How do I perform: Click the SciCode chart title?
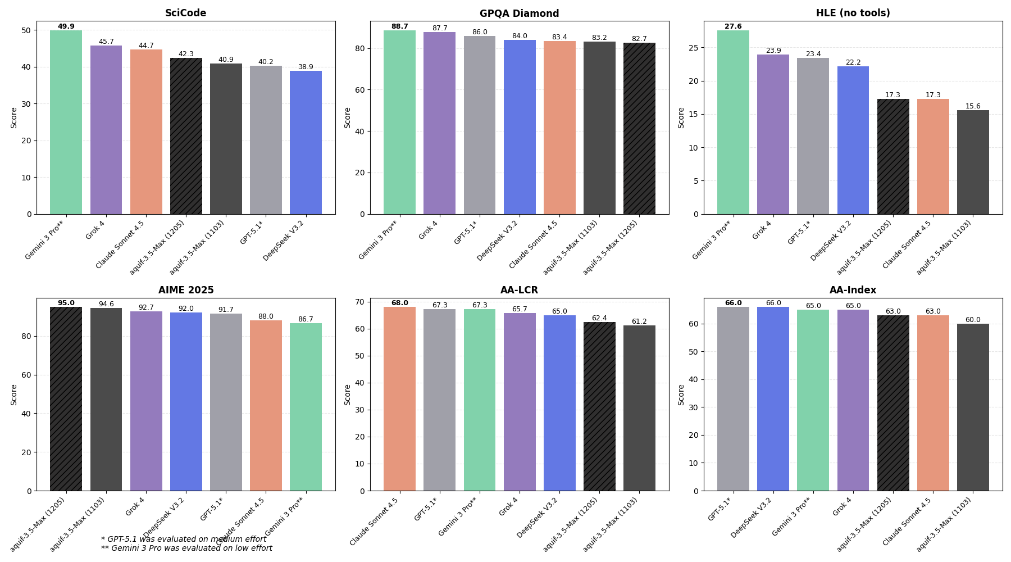[x=185, y=13]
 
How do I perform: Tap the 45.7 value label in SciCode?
[x=106, y=42]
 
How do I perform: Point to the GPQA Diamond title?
[x=519, y=13]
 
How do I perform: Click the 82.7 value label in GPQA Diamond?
[x=639, y=39]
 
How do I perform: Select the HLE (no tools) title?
[x=853, y=13]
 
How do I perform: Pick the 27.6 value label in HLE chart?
[x=733, y=26]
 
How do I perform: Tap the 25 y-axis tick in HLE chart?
[x=694, y=48]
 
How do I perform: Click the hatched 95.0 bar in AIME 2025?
[x=66, y=398]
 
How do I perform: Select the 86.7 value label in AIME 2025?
[x=306, y=319]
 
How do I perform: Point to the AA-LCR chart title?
[x=519, y=290]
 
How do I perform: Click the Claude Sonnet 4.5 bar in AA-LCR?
[x=399, y=398]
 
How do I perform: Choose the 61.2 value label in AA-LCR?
[x=639, y=321]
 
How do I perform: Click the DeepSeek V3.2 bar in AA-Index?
[x=773, y=398]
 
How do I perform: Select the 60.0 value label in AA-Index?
[x=973, y=320]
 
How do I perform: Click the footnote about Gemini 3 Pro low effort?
[x=186, y=549]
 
